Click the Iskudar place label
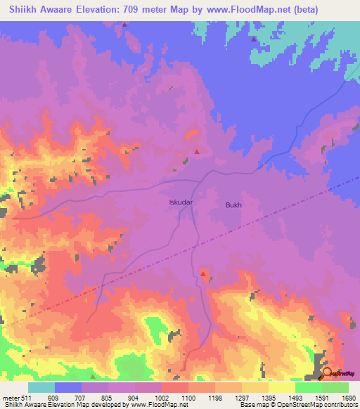click(181, 202)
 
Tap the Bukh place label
click(233, 204)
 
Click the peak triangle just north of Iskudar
click(197, 151)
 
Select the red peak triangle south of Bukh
click(203, 273)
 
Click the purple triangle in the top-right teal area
click(254, 39)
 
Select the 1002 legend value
click(161, 398)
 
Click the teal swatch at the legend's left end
click(41, 387)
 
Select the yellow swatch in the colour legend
click(281, 387)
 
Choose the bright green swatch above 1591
click(308, 387)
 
